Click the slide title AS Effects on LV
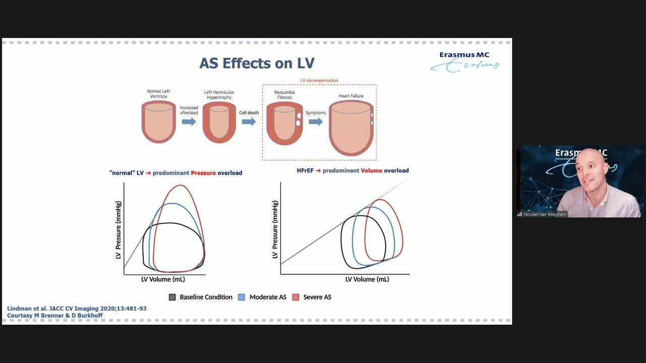(257, 63)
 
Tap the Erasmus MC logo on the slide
(464, 62)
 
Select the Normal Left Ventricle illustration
(158, 122)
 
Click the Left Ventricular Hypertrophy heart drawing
(219, 123)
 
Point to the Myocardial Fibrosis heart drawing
(284, 124)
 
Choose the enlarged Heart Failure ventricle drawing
(351, 128)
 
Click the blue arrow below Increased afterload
(189, 122)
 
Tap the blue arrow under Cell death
(249, 122)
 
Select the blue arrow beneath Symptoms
(316, 122)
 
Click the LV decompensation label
(319, 80)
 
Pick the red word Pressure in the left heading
(203, 173)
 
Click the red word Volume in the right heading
(371, 170)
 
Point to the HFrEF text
(305, 170)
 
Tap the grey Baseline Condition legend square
(172, 297)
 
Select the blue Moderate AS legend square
(242, 297)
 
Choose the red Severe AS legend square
(296, 297)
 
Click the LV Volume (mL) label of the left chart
(163, 279)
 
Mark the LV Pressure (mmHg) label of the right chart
(275, 229)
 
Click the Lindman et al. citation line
(77, 309)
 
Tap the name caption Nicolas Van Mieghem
(545, 214)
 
